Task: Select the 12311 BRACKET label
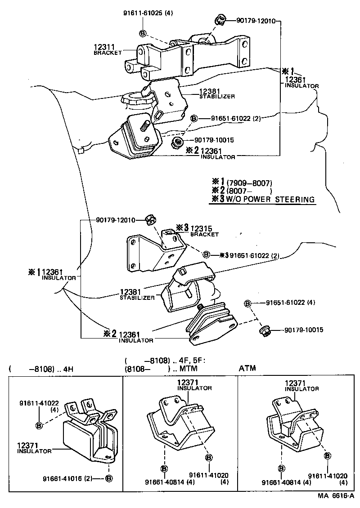(x=107, y=49)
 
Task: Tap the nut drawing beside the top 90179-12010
(x=219, y=19)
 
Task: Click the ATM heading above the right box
(x=247, y=369)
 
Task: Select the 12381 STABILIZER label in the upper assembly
(x=216, y=93)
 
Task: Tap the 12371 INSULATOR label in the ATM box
(x=301, y=385)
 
